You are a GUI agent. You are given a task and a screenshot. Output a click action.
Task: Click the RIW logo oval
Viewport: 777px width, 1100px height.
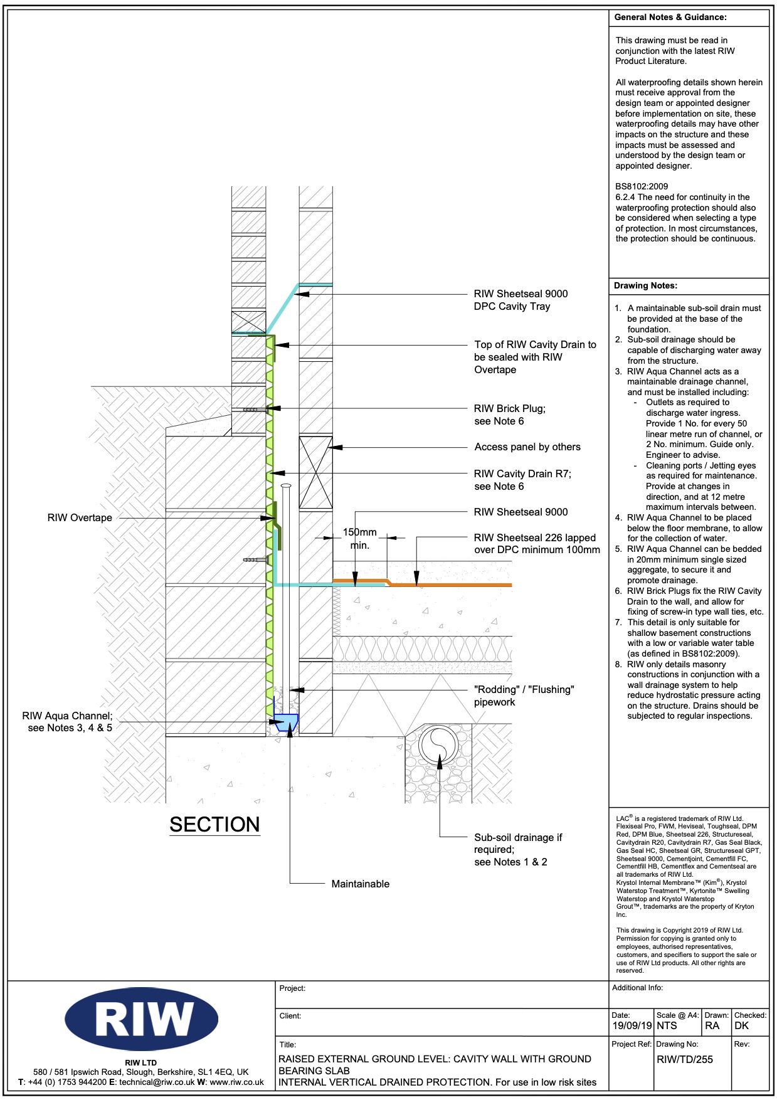point(141,1018)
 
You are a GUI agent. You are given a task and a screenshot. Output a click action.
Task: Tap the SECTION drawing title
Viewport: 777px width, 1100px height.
point(214,824)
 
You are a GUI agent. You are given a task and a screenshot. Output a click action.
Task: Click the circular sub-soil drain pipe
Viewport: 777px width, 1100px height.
point(439,746)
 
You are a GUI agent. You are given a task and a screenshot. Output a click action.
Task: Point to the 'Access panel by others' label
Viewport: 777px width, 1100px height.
point(527,447)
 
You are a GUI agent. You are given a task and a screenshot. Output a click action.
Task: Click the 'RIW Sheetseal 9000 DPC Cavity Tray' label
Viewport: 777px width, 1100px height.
point(521,300)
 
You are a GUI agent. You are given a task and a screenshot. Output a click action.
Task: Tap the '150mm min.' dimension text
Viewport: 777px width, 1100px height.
point(359,539)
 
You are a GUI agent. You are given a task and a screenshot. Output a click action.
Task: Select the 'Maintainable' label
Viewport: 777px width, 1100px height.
point(360,884)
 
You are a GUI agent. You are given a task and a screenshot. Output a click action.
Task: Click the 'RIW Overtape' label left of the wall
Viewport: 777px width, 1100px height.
point(80,518)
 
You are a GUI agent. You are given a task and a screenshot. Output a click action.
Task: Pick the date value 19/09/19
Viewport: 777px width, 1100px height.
point(632,1026)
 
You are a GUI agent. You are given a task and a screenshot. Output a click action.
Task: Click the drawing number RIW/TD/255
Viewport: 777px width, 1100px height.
point(684,1059)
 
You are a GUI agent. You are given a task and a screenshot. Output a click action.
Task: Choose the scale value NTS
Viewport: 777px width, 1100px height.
point(667,1026)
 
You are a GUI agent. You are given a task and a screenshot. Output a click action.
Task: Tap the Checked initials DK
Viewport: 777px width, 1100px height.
point(742,1026)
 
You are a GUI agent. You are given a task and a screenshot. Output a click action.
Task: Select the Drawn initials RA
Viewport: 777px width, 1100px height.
point(712,1026)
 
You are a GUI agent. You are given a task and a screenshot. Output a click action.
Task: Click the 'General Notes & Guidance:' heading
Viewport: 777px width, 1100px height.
point(670,18)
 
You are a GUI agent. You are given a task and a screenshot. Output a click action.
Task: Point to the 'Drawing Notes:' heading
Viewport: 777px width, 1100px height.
point(645,286)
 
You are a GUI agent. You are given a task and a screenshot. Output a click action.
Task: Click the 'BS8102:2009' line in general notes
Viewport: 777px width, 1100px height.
point(642,186)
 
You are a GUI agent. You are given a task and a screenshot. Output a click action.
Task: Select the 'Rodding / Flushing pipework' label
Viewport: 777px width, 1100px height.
point(524,695)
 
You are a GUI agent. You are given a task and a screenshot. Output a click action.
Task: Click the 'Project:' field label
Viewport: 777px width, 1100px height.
point(292,988)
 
